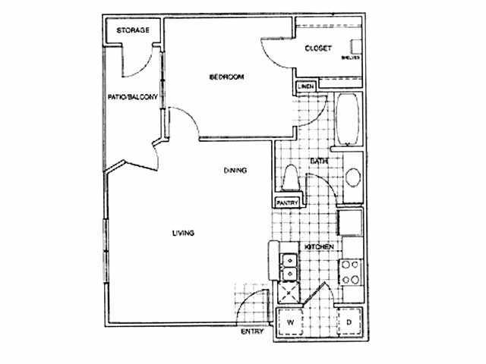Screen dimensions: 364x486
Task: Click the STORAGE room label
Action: click(x=133, y=30)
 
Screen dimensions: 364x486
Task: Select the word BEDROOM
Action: click(x=226, y=77)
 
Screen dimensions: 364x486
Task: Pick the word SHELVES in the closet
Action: click(x=351, y=57)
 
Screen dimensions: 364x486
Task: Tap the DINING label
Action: click(x=235, y=171)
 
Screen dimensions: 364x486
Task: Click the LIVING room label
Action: click(x=184, y=233)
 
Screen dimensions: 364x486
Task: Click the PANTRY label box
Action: click(x=286, y=202)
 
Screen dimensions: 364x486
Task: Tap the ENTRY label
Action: click(x=252, y=332)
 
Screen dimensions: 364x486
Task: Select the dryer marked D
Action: click(x=349, y=322)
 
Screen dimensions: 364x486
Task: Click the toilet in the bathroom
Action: click(x=290, y=180)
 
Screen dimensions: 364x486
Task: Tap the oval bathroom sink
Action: click(x=353, y=180)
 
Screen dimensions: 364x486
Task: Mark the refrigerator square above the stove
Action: click(x=350, y=224)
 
